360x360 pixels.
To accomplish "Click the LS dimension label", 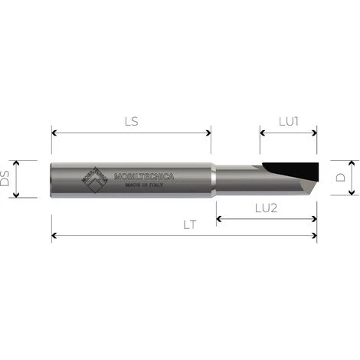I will pos(131,121).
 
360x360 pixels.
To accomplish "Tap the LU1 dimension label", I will pos(288,121).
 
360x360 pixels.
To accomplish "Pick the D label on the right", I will pos(340,178).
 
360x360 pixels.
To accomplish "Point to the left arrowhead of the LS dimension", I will pos(54,133).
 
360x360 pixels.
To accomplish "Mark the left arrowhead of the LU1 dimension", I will pos(263,133).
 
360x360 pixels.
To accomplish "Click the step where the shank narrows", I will pos(214,178).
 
